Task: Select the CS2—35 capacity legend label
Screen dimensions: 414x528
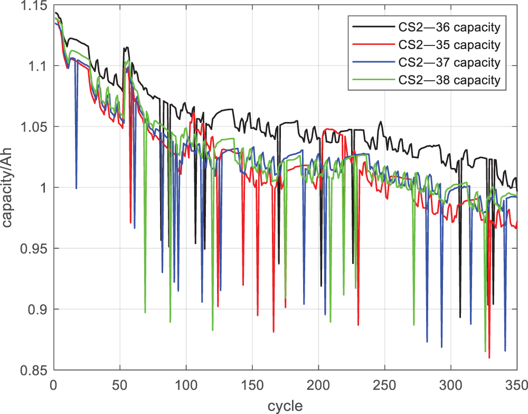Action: (x=448, y=44)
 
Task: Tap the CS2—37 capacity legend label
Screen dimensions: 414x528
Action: (x=448, y=62)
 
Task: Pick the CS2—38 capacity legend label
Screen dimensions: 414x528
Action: (x=448, y=80)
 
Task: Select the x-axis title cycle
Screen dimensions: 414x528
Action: (x=285, y=406)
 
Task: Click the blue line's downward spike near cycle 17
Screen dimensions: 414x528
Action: (x=77, y=187)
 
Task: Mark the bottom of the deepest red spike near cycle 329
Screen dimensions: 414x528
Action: (x=489, y=357)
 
